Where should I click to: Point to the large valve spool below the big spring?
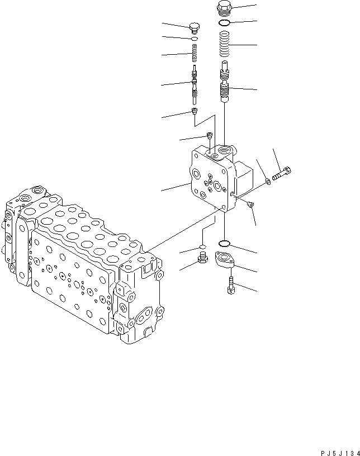click(x=225, y=84)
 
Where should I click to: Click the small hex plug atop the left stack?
click(x=195, y=27)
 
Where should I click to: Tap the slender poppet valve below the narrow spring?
click(x=194, y=84)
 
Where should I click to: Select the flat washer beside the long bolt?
click(x=269, y=180)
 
